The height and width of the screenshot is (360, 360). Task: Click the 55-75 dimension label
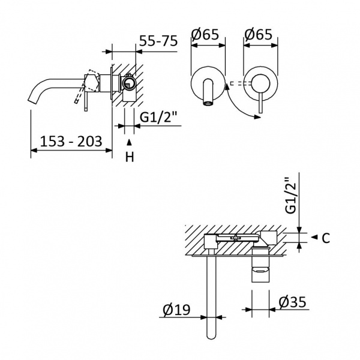pos(158,41)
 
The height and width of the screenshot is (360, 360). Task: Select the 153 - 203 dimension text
pos(71,141)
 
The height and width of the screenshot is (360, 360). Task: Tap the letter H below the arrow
pos(130,157)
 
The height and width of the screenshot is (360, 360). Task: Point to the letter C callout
pos(326,238)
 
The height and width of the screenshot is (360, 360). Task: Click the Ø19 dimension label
pos(176,310)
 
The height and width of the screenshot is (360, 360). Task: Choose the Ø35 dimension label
pos(292,302)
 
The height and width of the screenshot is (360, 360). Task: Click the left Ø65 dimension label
pos(205,34)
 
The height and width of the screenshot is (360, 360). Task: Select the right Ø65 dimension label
pos(258,34)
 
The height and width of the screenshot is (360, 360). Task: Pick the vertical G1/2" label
pos(291,196)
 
